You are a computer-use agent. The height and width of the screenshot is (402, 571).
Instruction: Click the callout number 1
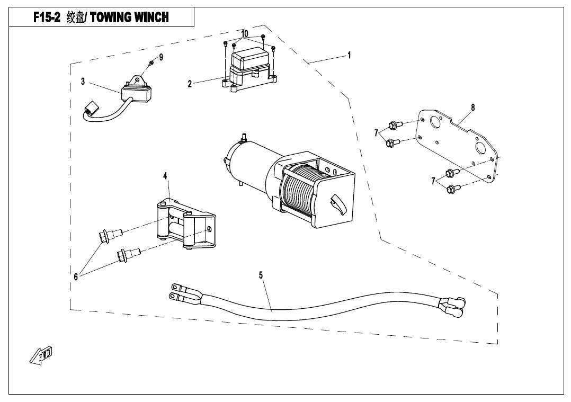tap(349, 55)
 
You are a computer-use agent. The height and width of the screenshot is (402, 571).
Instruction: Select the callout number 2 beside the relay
tap(190, 84)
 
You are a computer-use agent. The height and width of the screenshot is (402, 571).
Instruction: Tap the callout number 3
tap(83, 82)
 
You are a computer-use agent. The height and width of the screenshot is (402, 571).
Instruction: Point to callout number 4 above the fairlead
tap(165, 175)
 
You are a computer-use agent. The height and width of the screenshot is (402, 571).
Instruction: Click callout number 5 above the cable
tap(261, 275)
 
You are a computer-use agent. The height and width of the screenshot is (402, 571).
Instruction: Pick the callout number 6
tap(76, 276)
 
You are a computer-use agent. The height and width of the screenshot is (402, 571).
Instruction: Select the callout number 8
tap(472, 108)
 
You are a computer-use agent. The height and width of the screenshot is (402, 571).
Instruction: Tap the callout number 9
tap(161, 57)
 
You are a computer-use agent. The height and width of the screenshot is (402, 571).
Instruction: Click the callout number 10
tap(244, 34)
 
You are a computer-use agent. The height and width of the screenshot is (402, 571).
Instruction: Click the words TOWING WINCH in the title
tap(130, 17)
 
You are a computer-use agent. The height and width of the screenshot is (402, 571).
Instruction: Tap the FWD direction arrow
tap(41, 355)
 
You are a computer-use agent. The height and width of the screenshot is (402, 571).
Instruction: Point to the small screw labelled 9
tap(150, 64)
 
